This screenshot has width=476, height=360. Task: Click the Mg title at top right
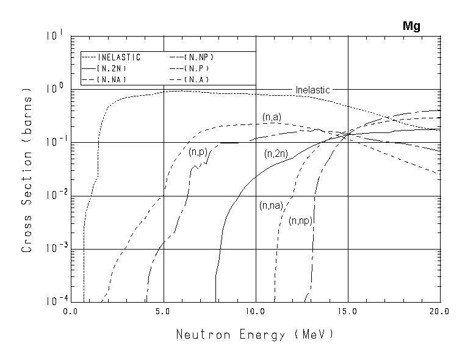click(x=411, y=26)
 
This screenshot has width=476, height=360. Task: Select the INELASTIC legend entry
click(x=119, y=57)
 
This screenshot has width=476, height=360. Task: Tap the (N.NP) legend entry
click(x=199, y=57)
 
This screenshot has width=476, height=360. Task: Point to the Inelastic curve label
click(x=312, y=90)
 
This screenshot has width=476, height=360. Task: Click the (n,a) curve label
click(x=272, y=117)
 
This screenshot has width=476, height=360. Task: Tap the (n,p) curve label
click(x=198, y=151)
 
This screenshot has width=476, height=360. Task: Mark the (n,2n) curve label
click(x=276, y=154)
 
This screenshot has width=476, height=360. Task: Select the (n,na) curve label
click(x=270, y=206)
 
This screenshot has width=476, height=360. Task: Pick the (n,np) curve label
click(x=301, y=221)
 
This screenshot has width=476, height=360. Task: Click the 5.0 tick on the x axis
click(x=163, y=312)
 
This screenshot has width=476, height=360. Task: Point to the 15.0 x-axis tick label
click(x=347, y=312)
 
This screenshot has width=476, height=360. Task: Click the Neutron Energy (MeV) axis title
click(x=254, y=335)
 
